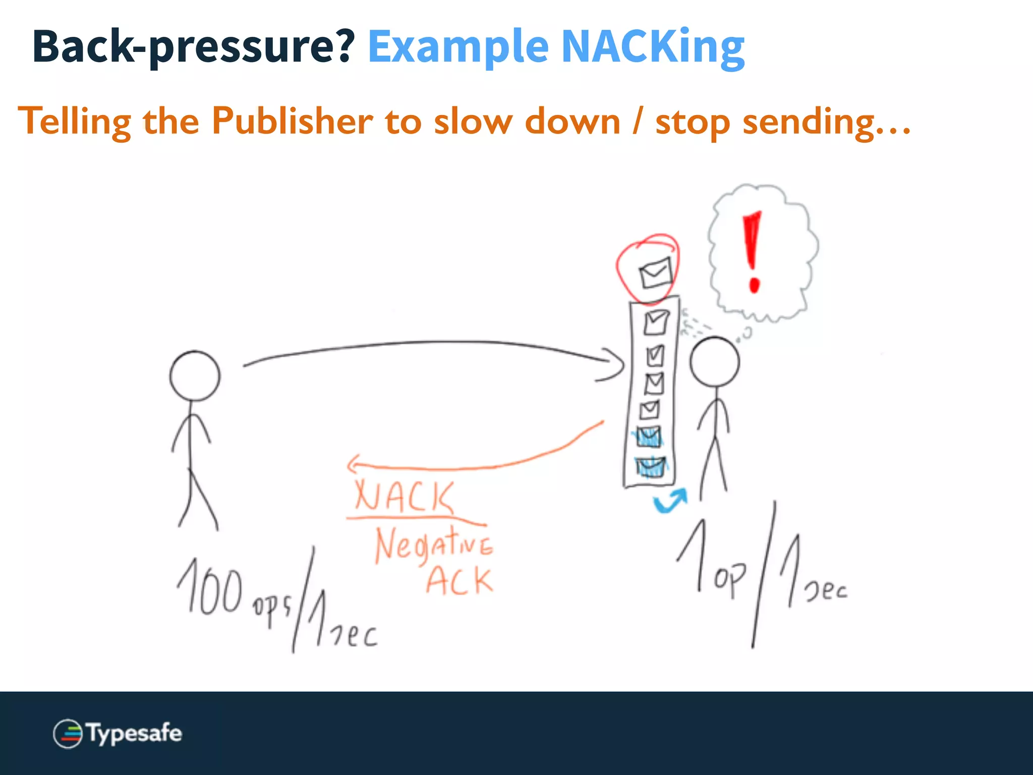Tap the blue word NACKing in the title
point(653,46)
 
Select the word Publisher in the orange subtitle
point(292,121)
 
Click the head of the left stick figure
point(195,376)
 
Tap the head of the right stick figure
point(714,362)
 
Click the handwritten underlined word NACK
point(404,497)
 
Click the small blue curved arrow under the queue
point(670,501)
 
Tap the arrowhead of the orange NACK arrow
point(353,464)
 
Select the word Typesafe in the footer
point(134,733)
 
